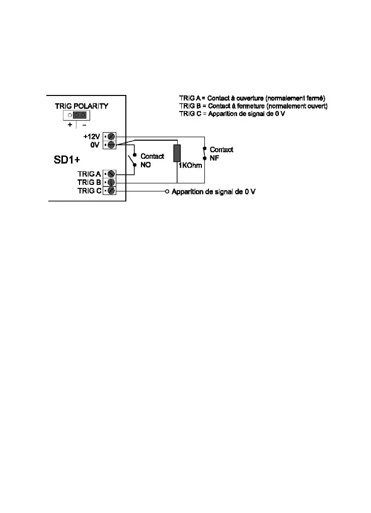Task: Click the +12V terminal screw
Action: (112, 136)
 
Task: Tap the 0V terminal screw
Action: (112, 145)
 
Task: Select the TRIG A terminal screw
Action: (112, 174)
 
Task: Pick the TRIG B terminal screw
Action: (112, 182)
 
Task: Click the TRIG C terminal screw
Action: (112, 191)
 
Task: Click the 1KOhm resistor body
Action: (177, 153)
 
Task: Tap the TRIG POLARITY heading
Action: (82, 106)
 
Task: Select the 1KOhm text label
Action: (190, 165)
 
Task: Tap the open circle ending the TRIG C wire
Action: (167, 191)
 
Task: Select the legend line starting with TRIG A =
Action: (253, 97)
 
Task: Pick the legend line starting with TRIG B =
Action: (253, 106)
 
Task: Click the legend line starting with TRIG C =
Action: (232, 114)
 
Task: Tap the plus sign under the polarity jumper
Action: (70, 125)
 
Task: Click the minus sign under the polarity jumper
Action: (84, 125)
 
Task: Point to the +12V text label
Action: (92, 136)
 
